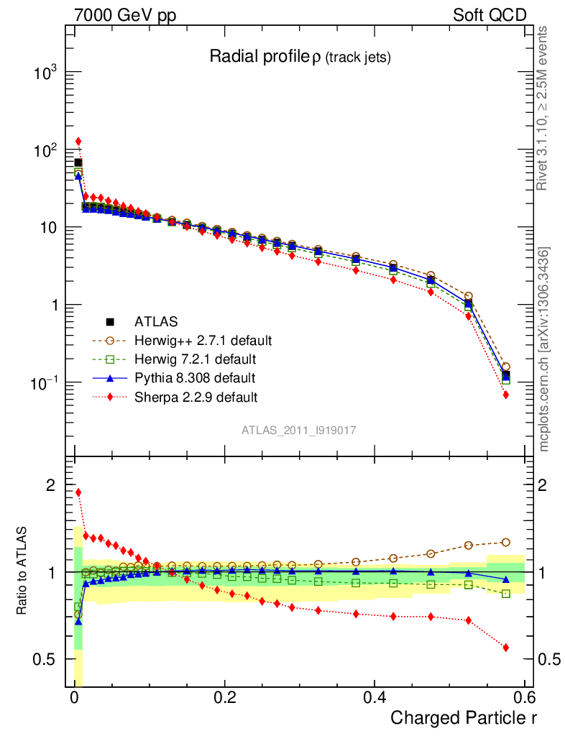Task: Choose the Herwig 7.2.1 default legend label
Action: point(196,358)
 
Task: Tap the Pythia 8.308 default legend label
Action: point(195,377)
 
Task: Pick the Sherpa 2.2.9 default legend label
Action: point(196,396)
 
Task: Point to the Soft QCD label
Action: point(490,15)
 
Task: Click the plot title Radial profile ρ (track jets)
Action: point(299,57)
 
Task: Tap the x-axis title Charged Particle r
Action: point(464,717)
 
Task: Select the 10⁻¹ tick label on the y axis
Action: point(45,382)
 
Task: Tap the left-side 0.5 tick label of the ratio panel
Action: point(46,659)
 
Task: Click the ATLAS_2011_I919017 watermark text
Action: point(299,430)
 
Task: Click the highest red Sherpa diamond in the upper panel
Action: point(78,142)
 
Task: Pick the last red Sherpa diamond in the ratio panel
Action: point(506,648)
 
